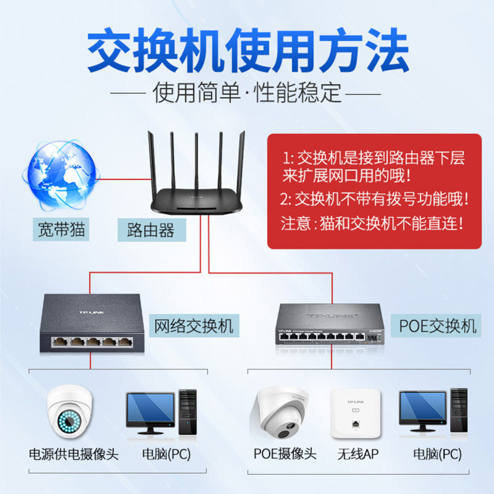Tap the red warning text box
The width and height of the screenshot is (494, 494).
point(374,191)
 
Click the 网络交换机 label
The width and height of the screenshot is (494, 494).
point(193,325)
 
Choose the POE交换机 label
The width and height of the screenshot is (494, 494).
point(438,325)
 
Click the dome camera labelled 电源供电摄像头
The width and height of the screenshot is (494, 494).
point(67,410)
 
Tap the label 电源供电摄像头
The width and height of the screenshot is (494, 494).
point(73,455)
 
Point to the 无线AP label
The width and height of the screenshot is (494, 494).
point(358,455)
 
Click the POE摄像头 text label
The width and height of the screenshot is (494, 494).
point(285,455)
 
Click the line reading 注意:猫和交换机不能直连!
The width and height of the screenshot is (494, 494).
point(372,223)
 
